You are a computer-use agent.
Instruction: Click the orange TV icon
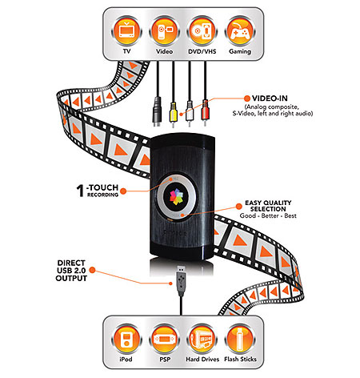click(x=126, y=31)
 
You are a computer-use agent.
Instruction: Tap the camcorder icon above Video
click(x=164, y=31)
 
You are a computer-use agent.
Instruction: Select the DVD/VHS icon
click(x=202, y=31)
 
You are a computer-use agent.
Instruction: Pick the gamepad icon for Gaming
click(x=240, y=31)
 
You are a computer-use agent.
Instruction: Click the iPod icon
click(x=126, y=339)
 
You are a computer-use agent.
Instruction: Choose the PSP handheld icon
click(x=164, y=339)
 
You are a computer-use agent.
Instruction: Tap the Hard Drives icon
click(x=202, y=339)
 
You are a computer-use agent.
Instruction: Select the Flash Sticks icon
click(x=240, y=339)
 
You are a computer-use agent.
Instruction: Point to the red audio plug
click(x=205, y=113)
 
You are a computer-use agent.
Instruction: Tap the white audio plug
click(x=189, y=113)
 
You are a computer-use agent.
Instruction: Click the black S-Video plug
click(x=158, y=112)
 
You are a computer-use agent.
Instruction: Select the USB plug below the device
click(x=181, y=280)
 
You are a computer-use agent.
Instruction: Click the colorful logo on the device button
click(x=176, y=197)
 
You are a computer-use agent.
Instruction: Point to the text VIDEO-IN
click(x=270, y=99)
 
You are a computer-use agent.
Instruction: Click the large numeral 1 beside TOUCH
click(x=80, y=191)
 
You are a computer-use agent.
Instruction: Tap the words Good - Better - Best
click(x=268, y=215)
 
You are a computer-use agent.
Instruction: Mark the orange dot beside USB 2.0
click(x=92, y=270)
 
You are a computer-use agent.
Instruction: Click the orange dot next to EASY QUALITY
click(x=238, y=206)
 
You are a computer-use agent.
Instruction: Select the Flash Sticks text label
click(x=240, y=360)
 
